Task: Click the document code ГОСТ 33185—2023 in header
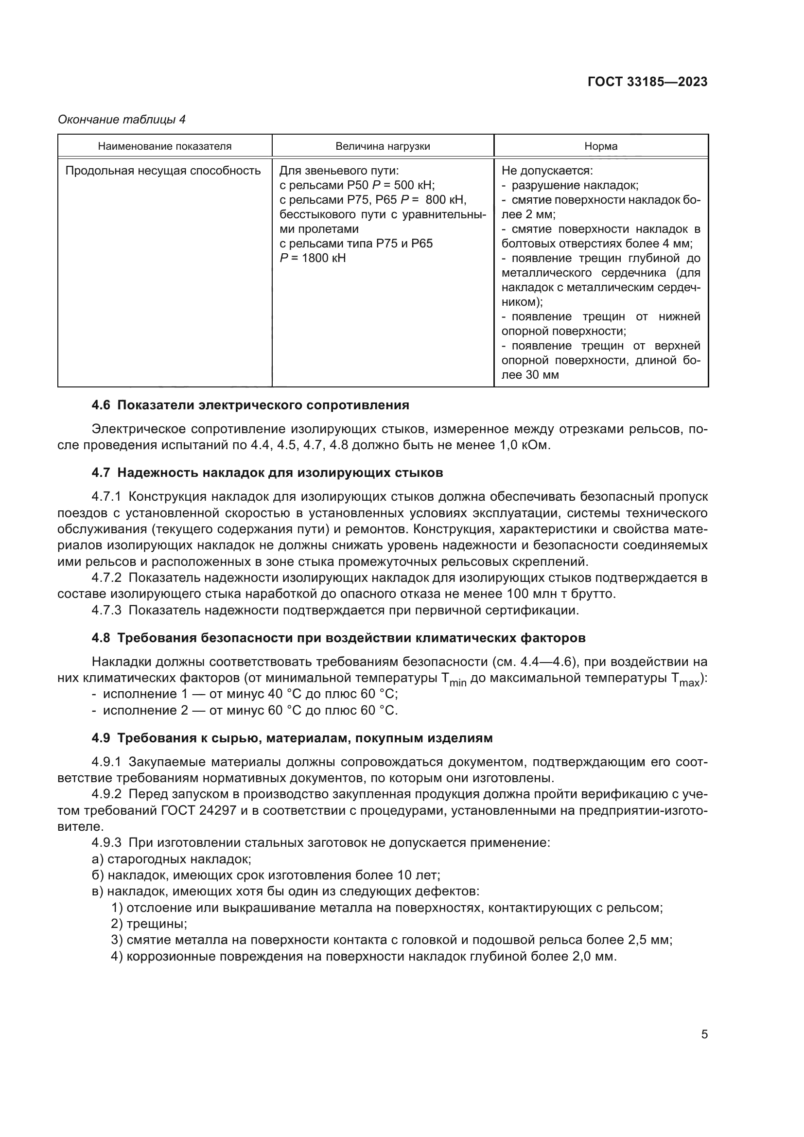click(647, 82)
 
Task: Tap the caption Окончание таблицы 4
click(122, 120)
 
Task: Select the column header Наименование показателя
click(164, 146)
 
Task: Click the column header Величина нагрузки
click(383, 146)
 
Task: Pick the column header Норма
click(600, 146)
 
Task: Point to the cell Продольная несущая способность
click(163, 171)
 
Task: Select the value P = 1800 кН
click(313, 258)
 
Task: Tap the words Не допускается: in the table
click(547, 171)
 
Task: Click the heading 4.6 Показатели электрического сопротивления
click(250, 405)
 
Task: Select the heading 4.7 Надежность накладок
click(267, 473)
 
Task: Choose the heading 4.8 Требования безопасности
click(338, 638)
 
